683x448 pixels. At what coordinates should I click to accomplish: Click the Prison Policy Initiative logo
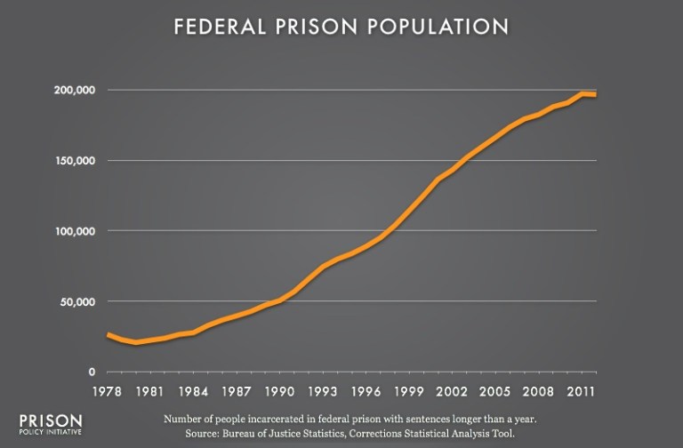click(x=50, y=424)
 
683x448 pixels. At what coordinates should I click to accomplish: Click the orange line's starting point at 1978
click(x=108, y=334)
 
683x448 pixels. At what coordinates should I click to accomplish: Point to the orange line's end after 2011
click(x=595, y=94)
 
